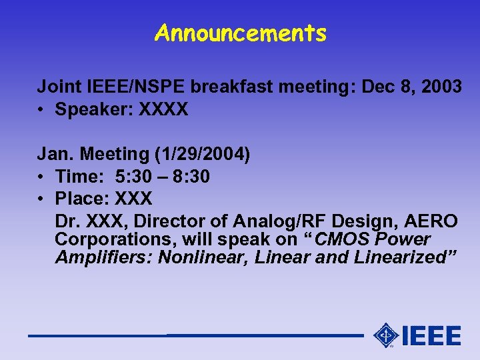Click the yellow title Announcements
(x=240, y=33)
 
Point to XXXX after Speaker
(x=163, y=109)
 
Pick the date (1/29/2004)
(x=202, y=155)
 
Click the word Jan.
(x=55, y=155)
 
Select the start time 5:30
(x=131, y=177)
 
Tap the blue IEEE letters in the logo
(x=432, y=335)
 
